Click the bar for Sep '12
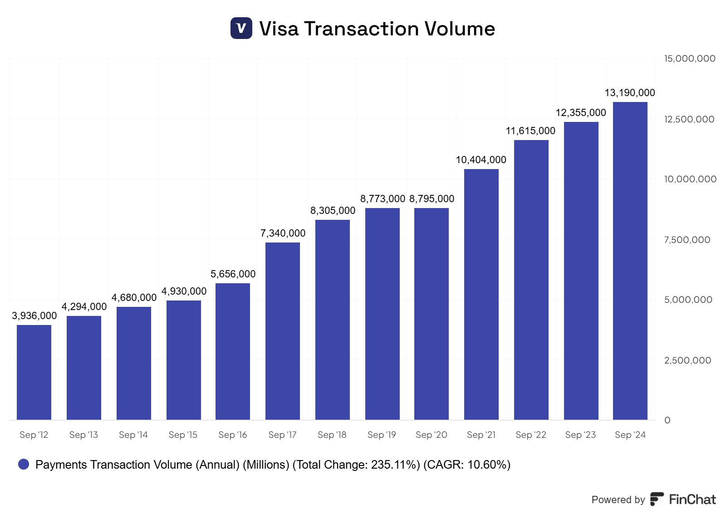click(x=34, y=372)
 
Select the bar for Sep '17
click(x=283, y=331)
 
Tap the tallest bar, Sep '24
click(x=630, y=261)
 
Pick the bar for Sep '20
click(x=432, y=314)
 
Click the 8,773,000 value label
click(x=383, y=199)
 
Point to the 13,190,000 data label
click(x=630, y=92)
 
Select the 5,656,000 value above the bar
click(x=233, y=274)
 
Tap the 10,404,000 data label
click(x=481, y=160)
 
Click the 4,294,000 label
click(x=84, y=306)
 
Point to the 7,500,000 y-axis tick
click(x=687, y=240)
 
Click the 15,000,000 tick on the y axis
click(x=690, y=58)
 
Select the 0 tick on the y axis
click(x=667, y=420)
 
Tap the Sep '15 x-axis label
click(x=183, y=435)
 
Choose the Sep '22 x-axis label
click(x=531, y=435)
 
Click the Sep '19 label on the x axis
click(x=382, y=435)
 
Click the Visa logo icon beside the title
click(x=241, y=28)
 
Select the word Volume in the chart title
click(x=460, y=29)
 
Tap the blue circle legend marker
click(x=24, y=464)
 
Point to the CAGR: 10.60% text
click(x=467, y=465)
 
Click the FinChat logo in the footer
click(x=683, y=499)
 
